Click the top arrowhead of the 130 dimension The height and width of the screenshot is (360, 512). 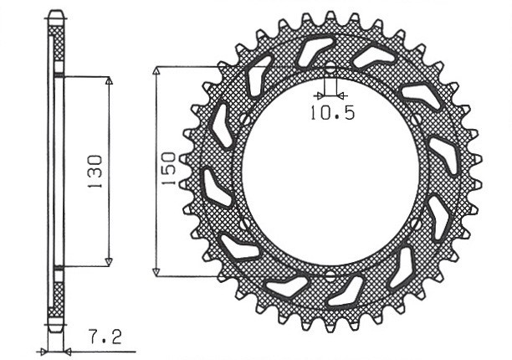click(x=108, y=81)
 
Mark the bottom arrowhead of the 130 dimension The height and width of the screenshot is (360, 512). click(x=108, y=261)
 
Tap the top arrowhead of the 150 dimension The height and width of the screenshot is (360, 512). click(x=156, y=70)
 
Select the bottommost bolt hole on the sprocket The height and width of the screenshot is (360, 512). click(x=330, y=275)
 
